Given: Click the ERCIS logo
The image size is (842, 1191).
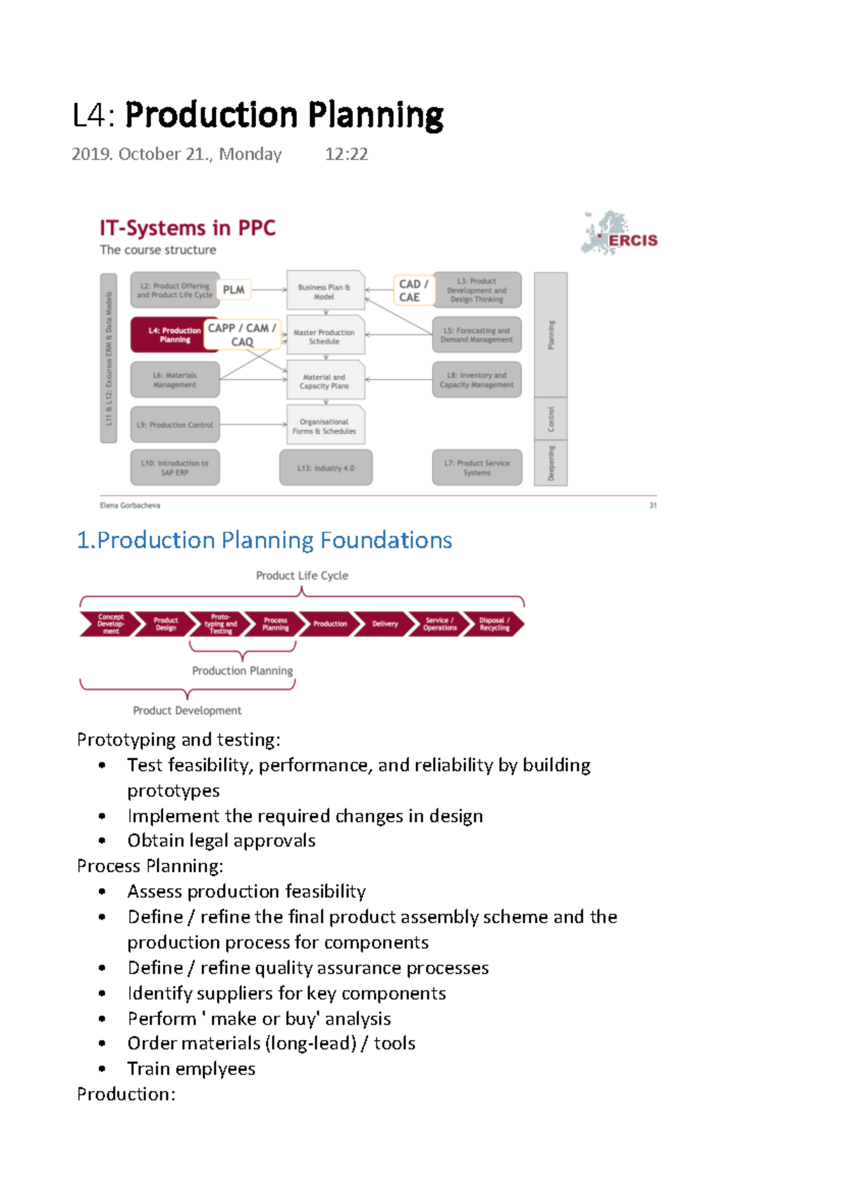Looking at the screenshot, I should coord(619,234).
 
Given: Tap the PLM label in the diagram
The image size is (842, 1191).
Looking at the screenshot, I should coord(234,290).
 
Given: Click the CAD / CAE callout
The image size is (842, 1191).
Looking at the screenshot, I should coord(413,290).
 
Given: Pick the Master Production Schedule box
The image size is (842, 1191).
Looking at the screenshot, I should coord(325,337).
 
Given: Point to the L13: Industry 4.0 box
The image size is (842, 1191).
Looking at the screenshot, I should coord(326,468).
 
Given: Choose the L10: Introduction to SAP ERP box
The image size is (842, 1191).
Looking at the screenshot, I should coord(175,468).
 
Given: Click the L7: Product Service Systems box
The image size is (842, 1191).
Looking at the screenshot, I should coord(477,468).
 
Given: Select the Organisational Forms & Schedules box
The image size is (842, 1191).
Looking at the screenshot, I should coord(325,426).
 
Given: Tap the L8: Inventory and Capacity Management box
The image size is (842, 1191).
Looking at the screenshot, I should coord(477,379).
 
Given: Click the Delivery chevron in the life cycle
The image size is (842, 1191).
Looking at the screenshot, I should coord(384,624).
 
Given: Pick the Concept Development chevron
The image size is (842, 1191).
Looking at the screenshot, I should coord(109,624).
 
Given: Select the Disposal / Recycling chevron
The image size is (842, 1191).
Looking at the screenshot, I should coord(494,624).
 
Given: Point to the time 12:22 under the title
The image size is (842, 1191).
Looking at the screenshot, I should coord(347,154).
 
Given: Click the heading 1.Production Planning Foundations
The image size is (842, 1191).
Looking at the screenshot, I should coord(264,540).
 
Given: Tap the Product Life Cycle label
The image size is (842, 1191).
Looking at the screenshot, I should coord(302,575).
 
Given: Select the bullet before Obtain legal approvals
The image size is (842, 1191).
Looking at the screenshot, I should coord(102,840).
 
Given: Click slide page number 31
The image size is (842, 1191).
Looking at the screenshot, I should coord(653,505).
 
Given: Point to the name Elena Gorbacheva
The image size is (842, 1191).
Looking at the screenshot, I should coord(130,505).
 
